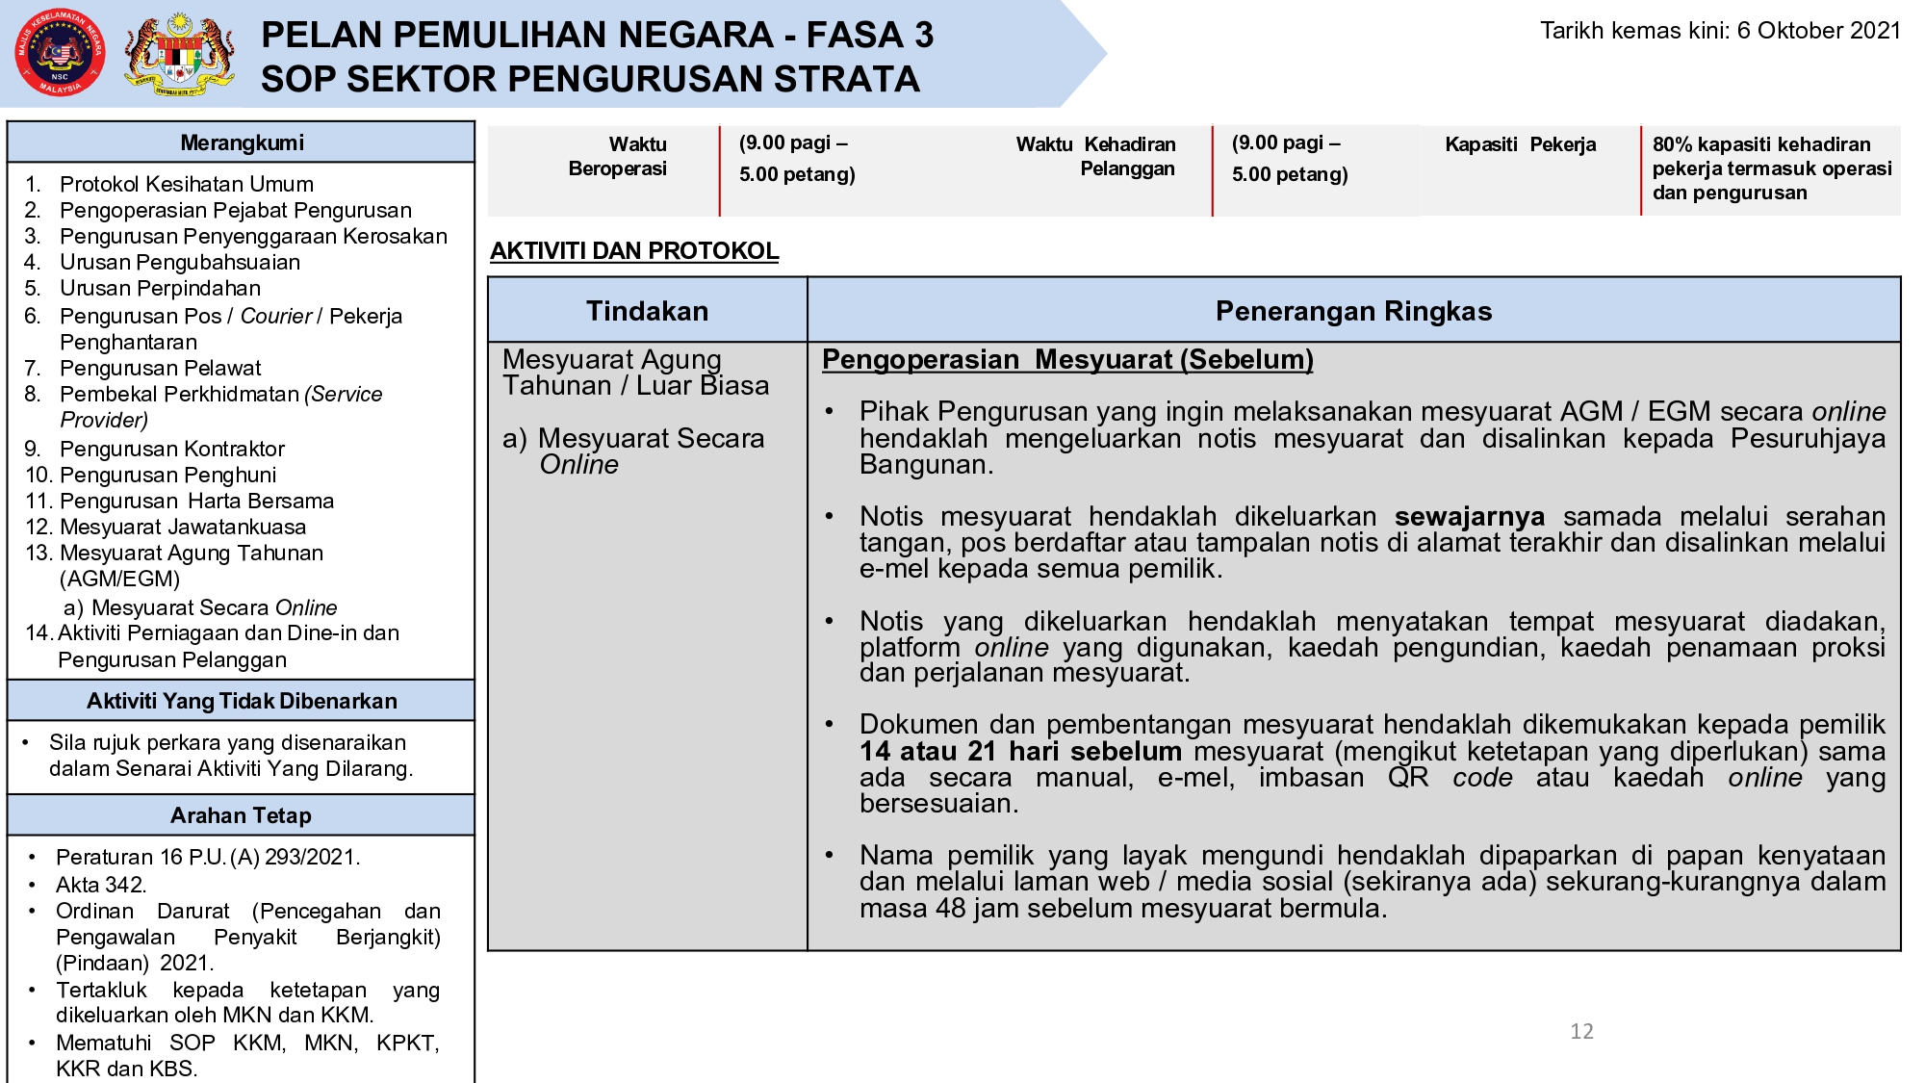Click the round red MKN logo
pyautogui.click(x=60, y=53)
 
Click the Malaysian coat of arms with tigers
pyautogui.click(x=180, y=55)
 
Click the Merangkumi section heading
pyautogui.click(x=242, y=142)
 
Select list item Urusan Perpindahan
pyautogui.click(x=160, y=288)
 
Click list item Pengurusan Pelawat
pyautogui.click(x=160, y=368)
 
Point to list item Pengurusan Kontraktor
pyautogui.click(x=171, y=449)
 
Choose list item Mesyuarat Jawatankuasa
pyautogui.click(x=182, y=527)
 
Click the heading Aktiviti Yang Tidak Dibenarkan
pyautogui.click(x=242, y=701)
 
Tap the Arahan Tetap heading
pyautogui.click(x=241, y=815)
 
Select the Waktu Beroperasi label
pyautogui.click(x=618, y=156)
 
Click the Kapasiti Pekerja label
pyautogui.click(x=1520, y=144)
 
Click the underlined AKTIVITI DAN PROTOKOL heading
pyautogui.click(x=633, y=250)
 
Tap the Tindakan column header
pyautogui.click(x=647, y=311)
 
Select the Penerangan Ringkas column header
pyautogui.click(x=1353, y=311)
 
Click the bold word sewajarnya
pyautogui.click(x=1469, y=517)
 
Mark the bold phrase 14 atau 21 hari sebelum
pyautogui.click(x=1020, y=751)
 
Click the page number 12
pyautogui.click(x=1581, y=1031)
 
